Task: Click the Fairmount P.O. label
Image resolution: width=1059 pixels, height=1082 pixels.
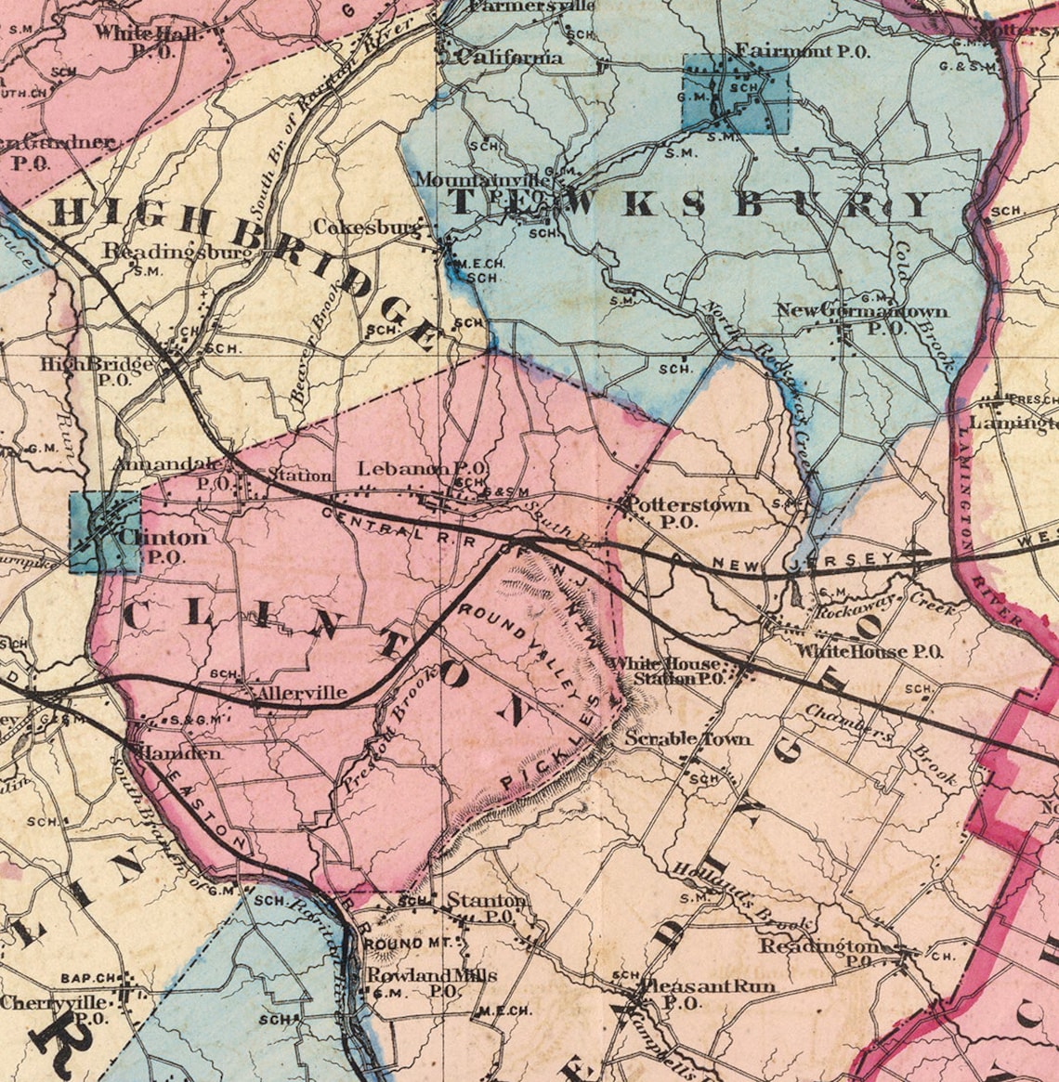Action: click(x=803, y=50)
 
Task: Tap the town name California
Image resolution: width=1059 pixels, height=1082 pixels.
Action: click(x=510, y=58)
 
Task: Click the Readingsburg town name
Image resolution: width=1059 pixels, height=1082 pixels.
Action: click(x=176, y=251)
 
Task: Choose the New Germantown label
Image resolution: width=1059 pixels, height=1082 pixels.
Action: click(x=862, y=310)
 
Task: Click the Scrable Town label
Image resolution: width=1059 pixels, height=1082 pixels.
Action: click(x=686, y=739)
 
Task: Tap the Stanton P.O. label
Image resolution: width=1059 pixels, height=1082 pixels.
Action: click(x=486, y=900)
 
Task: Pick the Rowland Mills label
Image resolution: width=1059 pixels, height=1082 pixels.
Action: click(x=431, y=975)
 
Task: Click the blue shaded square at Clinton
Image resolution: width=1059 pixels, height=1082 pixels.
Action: click(x=105, y=531)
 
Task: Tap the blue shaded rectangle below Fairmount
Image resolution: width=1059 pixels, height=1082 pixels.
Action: click(x=735, y=93)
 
